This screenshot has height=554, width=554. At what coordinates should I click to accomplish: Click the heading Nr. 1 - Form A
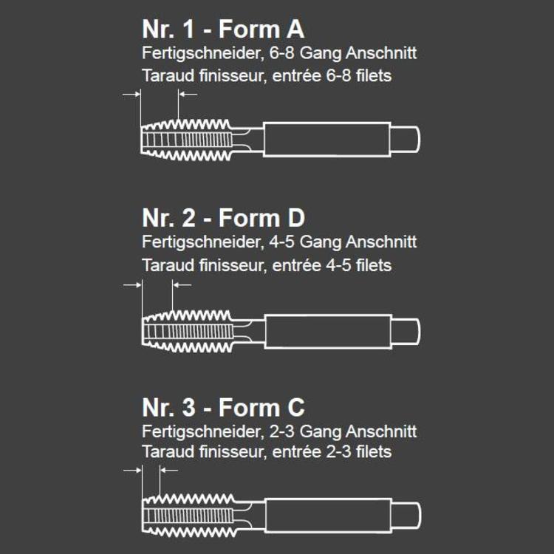(223, 29)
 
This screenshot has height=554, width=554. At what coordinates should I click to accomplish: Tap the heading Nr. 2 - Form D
(223, 218)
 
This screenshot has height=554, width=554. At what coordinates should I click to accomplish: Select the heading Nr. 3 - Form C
(223, 407)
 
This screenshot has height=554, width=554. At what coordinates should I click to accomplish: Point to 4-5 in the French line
(338, 265)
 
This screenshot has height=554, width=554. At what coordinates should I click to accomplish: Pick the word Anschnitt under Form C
(381, 431)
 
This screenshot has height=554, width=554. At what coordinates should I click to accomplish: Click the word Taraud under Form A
(168, 76)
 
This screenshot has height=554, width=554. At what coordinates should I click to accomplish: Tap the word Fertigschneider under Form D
(203, 242)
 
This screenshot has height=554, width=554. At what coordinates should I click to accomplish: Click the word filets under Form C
(374, 452)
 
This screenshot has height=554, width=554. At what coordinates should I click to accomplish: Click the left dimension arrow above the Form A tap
(131, 95)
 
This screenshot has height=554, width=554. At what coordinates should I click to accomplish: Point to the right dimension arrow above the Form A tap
(188, 95)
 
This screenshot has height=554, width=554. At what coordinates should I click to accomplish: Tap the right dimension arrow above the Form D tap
(182, 285)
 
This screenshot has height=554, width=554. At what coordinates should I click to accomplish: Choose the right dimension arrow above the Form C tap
(169, 471)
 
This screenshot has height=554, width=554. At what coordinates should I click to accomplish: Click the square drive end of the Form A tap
(405, 139)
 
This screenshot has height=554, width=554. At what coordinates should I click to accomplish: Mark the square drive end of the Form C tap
(406, 516)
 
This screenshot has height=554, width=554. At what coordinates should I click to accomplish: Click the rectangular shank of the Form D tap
(328, 332)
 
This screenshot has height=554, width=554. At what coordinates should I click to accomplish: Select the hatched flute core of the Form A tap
(187, 140)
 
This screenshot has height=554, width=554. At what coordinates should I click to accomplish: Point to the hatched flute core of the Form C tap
(188, 516)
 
